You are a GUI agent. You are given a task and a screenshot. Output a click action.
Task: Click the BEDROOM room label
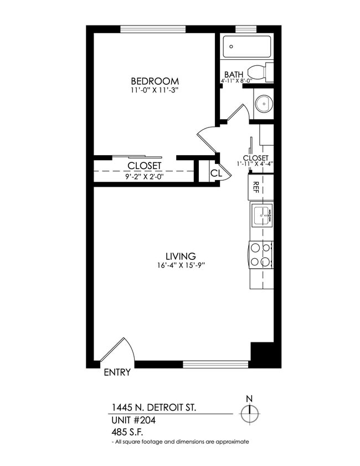point(155,80)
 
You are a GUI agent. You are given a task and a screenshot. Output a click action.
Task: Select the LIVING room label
point(181,257)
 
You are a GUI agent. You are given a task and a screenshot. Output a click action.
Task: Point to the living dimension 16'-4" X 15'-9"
point(181,265)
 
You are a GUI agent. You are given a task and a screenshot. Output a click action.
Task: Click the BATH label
point(233,75)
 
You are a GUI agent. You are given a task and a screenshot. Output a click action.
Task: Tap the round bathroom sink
point(264,103)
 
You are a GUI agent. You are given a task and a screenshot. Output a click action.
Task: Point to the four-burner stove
point(261,255)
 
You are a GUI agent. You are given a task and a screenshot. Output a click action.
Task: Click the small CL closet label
point(215,173)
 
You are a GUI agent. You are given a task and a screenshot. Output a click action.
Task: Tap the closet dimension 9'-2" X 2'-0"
point(144,176)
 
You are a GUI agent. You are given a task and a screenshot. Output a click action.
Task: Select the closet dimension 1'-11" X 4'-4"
point(255,163)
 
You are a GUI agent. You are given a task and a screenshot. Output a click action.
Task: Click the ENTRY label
point(117,372)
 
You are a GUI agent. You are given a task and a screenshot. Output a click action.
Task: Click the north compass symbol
point(249,412)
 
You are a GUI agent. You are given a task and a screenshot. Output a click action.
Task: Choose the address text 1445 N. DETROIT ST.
point(153,408)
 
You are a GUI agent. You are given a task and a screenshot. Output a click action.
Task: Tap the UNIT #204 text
point(133,420)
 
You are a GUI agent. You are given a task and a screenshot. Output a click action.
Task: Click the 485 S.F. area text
point(127,432)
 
